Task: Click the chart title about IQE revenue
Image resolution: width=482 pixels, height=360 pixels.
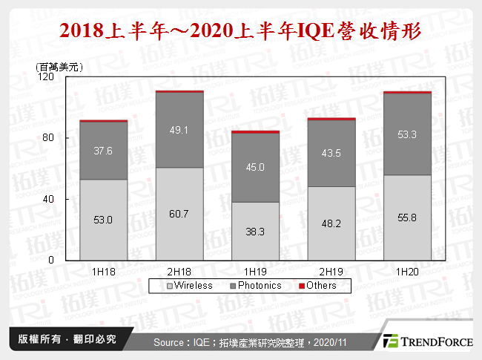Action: click(241, 32)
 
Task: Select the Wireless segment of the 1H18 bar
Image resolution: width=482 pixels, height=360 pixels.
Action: click(104, 220)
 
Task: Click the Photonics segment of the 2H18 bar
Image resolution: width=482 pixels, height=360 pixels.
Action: click(179, 130)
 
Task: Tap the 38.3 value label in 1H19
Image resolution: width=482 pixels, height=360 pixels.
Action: click(255, 232)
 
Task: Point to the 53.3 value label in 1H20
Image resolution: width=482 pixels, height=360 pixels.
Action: click(407, 134)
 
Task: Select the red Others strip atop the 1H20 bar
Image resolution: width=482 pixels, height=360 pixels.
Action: click(407, 93)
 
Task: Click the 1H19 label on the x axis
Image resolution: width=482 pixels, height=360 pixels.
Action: click(255, 272)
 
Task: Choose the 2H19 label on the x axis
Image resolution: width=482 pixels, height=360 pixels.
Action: click(331, 272)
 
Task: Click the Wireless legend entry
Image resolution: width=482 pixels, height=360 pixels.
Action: click(189, 286)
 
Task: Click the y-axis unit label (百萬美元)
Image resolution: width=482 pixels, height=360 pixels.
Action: click(59, 67)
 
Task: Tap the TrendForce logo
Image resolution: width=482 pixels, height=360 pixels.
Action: click(426, 341)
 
